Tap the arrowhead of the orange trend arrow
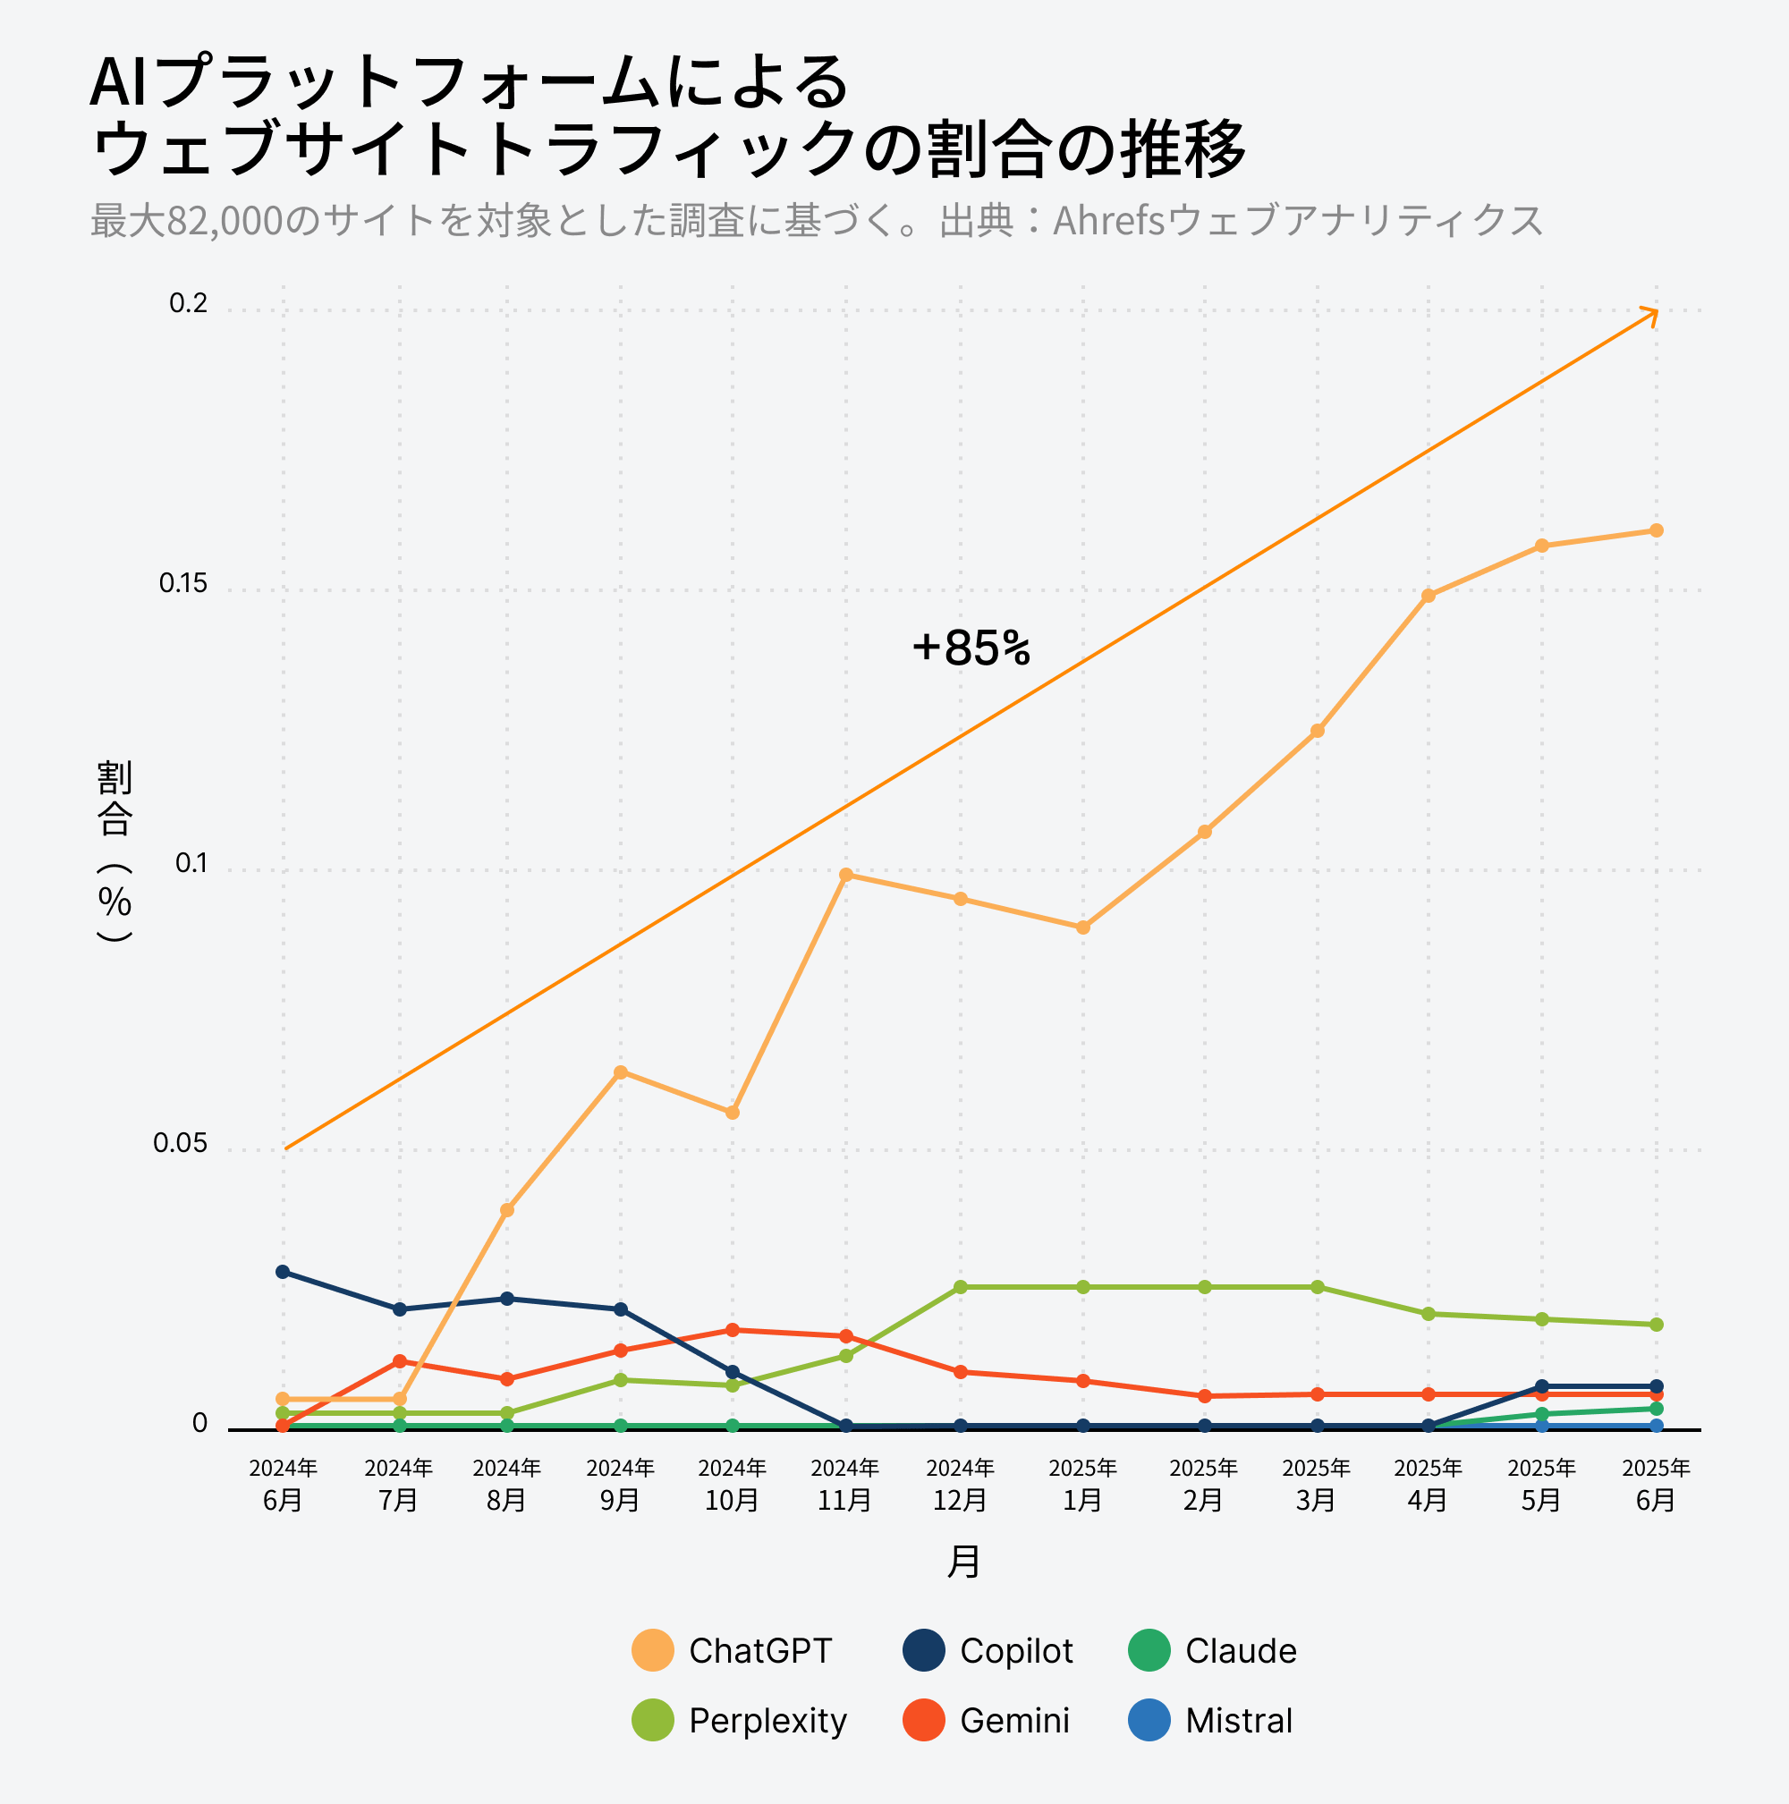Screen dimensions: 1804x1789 [1654, 314]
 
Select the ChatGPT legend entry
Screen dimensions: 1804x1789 [732, 1650]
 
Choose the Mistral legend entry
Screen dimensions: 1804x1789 [1211, 1720]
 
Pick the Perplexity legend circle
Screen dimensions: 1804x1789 [653, 1720]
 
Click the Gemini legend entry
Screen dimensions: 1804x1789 [987, 1720]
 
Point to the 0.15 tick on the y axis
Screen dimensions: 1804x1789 [183, 583]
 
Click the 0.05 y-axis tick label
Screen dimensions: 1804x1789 [179, 1144]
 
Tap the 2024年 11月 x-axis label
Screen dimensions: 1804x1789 [845, 1484]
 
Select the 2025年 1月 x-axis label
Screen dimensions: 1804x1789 [1083, 1484]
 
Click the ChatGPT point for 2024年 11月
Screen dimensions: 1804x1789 [846, 875]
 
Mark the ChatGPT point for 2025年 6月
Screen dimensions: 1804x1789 [1657, 530]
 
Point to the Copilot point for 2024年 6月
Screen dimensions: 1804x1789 [283, 1272]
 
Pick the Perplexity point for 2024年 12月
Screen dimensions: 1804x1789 [961, 1287]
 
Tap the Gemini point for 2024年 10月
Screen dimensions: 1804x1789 [733, 1330]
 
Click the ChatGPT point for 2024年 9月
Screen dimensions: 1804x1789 [621, 1072]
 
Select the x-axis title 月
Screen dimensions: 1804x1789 [963, 1563]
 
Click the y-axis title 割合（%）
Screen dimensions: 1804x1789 [114, 850]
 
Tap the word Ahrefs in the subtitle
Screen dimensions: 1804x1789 [1109, 221]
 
